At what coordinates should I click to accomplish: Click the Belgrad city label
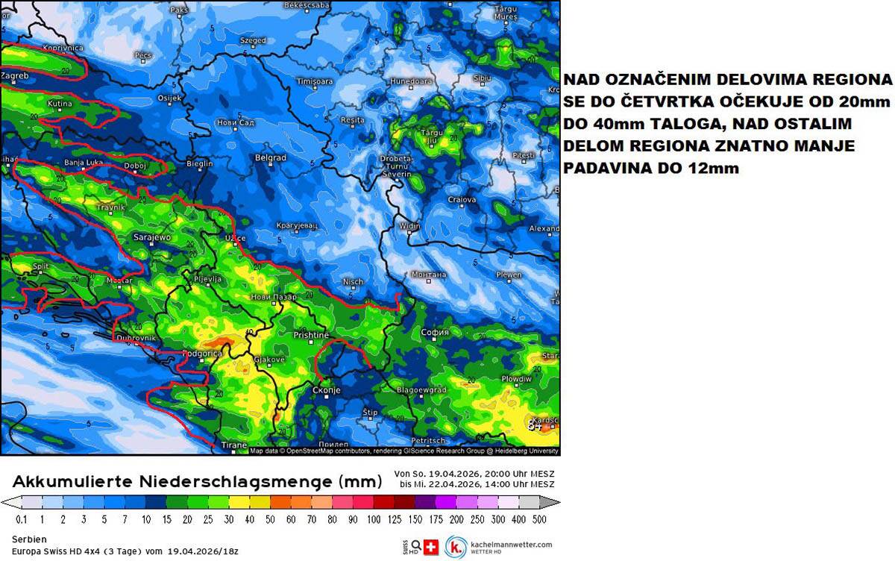click(x=271, y=158)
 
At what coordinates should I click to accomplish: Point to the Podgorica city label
click(x=203, y=353)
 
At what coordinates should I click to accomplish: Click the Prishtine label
click(x=311, y=336)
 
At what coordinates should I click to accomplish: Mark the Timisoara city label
click(x=314, y=81)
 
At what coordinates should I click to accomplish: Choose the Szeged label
click(x=254, y=40)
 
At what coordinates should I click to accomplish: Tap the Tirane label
click(x=234, y=445)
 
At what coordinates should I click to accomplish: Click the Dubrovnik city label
click(x=135, y=338)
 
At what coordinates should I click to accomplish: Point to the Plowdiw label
click(x=516, y=379)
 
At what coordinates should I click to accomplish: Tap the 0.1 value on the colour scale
click(x=22, y=518)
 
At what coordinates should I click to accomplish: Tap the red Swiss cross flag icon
click(x=431, y=547)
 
